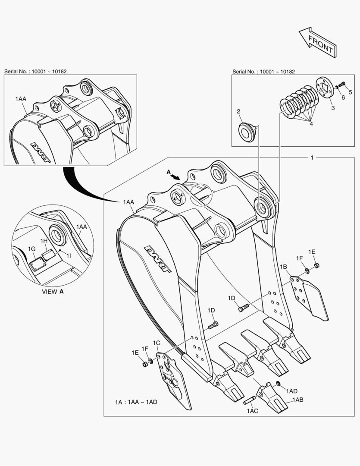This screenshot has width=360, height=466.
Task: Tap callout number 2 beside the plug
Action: point(238,111)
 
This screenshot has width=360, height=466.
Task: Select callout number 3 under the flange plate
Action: point(332,108)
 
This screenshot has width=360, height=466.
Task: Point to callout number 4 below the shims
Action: point(310,123)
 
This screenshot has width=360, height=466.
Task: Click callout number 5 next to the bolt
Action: point(351,92)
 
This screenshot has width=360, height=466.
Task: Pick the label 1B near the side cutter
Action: point(283,267)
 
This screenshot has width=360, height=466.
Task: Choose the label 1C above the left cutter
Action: point(157,343)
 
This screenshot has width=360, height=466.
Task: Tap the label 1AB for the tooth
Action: point(298,400)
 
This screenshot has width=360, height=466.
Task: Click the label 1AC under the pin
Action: point(252,411)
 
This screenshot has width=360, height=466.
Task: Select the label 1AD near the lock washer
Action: point(291,391)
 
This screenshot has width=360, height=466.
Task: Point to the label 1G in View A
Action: point(31,249)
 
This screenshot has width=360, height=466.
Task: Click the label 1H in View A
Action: point(44,240)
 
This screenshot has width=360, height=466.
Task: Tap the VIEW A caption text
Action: point(53,292)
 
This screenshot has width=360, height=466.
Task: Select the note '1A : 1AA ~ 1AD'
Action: point(136,402)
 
